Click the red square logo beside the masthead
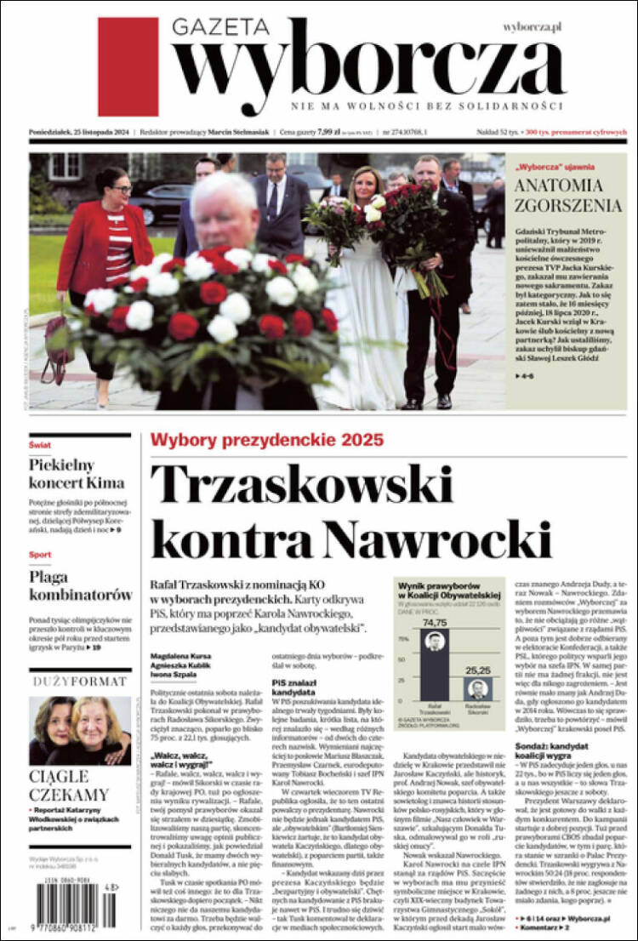(128, 54)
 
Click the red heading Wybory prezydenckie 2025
(266, 440)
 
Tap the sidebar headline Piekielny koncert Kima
(77, 474)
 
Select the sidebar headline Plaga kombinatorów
(80, 585)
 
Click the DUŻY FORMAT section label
(80, 681)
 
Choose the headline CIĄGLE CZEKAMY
(70, 785)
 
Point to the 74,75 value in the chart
(435, 623)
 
